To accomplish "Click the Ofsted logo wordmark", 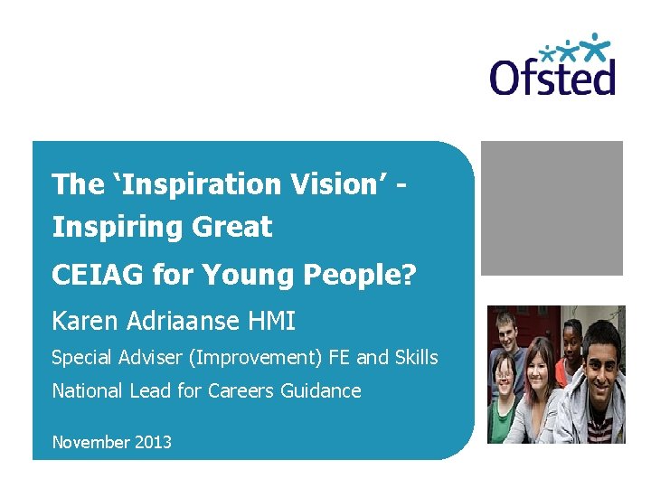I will click(552, 75).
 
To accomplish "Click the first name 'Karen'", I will click(83, 321).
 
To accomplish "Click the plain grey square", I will click(552, 208).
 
